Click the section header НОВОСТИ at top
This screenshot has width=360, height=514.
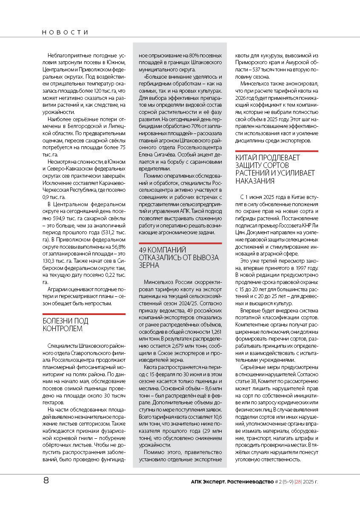click(65, 32)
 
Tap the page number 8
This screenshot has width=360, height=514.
click(46, 481)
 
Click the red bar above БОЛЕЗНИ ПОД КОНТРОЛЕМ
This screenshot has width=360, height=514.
click(84, 314)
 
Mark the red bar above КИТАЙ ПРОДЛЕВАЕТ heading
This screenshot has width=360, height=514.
click(277, 151)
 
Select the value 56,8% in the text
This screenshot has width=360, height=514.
click(118, 246)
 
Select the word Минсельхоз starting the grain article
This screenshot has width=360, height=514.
click(157, 282)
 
